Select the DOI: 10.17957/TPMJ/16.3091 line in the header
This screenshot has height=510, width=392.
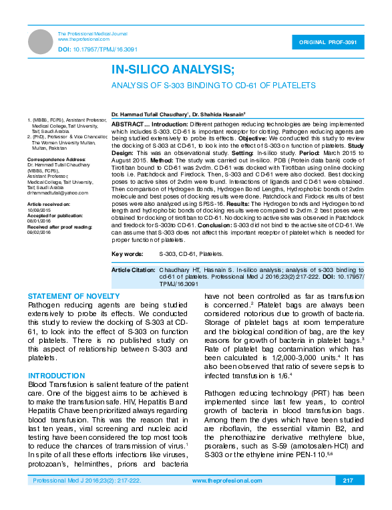click(97, 49)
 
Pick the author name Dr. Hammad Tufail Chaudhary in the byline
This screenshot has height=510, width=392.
click(150, 115)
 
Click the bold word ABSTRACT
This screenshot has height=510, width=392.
click(127, 124)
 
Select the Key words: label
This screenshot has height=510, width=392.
click(127, 254)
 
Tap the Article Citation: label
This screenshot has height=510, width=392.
click(133, 269)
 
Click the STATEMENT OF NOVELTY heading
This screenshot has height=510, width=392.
click(74, 295)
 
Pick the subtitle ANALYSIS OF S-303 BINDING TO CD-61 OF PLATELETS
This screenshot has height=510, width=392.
click(213, 86)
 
